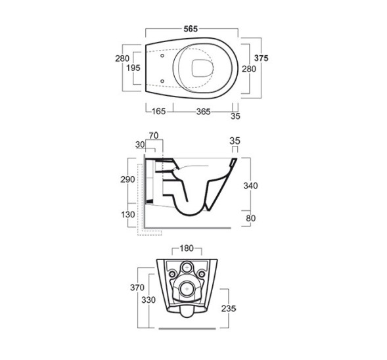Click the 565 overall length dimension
[x=191, y=29]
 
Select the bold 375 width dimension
[x=261, y=58]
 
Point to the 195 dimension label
[x=133, y=68]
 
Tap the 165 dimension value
[x=158, y=111]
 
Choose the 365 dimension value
[x=204, y=112]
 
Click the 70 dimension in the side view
[x=154, y=135]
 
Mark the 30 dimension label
[x=140, y=145]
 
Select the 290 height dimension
[x=127, y=179]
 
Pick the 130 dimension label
[x=128, y=214]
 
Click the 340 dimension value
[x=250, y=185]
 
